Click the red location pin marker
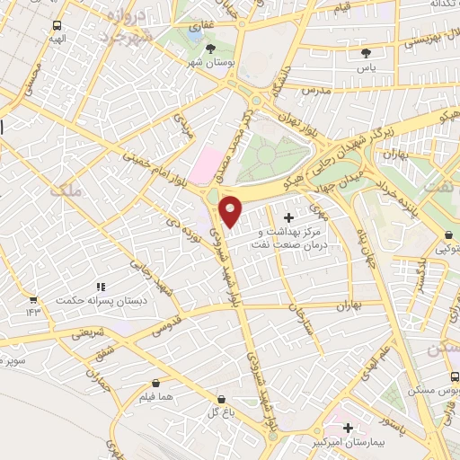point(231,210)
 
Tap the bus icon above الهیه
point(57,26)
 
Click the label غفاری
point(195,28)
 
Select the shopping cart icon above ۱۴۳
point(33,298)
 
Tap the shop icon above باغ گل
point(221,397)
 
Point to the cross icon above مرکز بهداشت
point(287,217)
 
